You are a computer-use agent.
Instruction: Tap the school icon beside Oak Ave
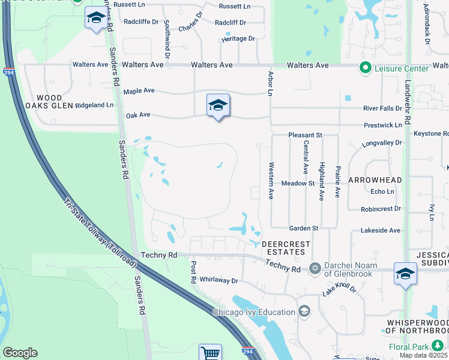point(218,106)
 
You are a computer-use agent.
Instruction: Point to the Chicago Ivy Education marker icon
point(304,311)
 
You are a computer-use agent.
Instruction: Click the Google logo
point(20,353)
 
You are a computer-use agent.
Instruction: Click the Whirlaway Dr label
point(218,280)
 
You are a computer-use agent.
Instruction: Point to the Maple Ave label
point(139,91)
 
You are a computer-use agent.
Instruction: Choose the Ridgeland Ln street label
point(93,105)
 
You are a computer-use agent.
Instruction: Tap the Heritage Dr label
point(238,38)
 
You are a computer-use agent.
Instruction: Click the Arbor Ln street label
point(270,83)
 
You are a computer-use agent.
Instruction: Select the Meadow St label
point(298,183)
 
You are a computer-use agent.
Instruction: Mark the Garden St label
point(303,228)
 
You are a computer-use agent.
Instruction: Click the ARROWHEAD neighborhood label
point(375,180)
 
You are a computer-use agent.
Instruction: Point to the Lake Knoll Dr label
point(339,289)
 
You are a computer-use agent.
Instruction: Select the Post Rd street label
point(193,272)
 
